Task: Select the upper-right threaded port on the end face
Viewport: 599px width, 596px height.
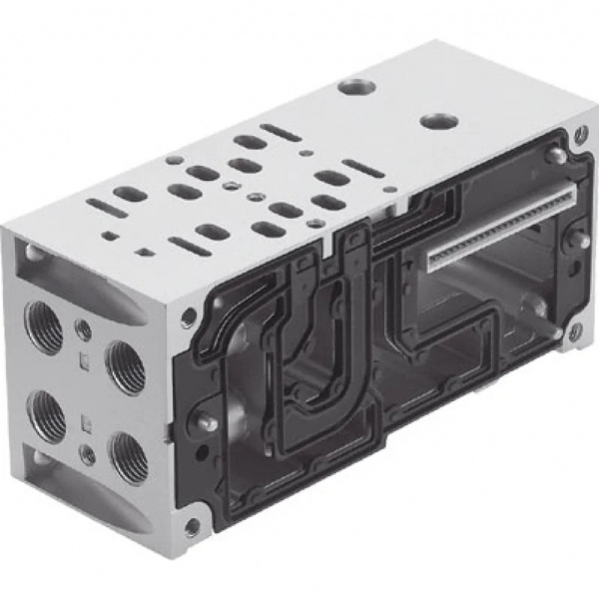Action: tap(125, 366)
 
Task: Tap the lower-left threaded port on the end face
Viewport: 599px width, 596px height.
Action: tap(48, 411)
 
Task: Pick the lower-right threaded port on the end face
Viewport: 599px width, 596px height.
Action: tap(127, 455)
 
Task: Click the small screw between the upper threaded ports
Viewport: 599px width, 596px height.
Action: tap(84, 329)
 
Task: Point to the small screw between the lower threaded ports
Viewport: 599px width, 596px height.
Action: tap(88, 454)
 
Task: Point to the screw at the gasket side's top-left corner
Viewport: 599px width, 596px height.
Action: tap(188, 317)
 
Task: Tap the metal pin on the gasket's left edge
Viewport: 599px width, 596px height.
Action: tap(206, 422)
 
